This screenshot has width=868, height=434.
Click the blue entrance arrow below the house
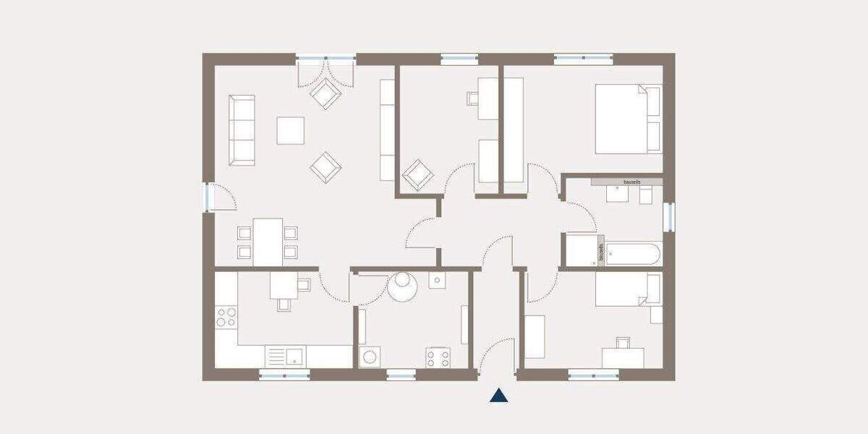(x=498, y=395)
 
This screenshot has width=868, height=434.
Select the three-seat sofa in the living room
(x=242, y=129)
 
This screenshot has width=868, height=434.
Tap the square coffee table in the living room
(x=290, y=130)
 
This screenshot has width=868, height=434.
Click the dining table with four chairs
(x=268, y=242)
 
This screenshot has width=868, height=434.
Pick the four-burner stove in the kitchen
(x=226, y=316)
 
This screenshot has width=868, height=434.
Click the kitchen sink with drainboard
(x=286, y=355)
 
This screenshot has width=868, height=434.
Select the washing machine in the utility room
(x=370, y=357)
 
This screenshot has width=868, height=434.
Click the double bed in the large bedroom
(x=628, y=119)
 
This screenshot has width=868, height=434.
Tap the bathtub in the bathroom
(x=632, y=254)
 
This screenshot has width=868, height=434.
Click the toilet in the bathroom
(x=646, y=195)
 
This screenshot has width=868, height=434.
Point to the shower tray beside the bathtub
(x=581, y=250)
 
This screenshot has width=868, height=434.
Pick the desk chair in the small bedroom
(x=623, y=342)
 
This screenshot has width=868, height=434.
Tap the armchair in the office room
(x=418, y=174)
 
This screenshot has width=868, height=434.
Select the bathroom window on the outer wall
(x=669, y=217)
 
